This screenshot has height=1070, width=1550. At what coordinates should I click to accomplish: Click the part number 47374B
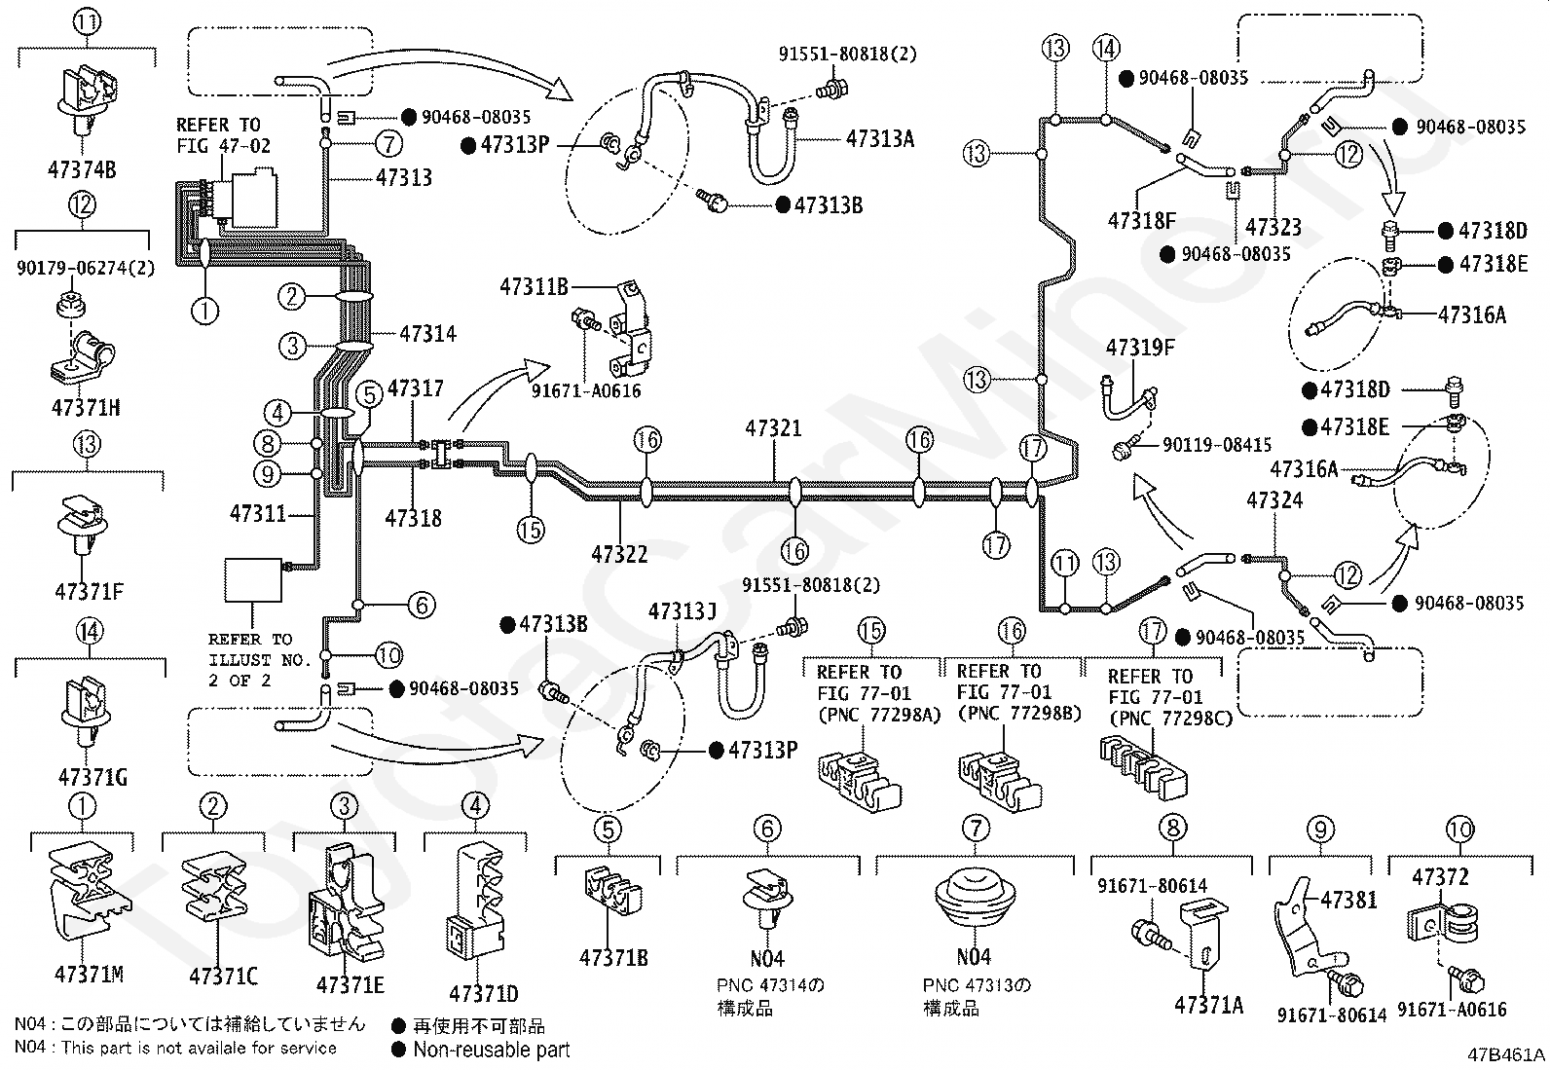point(82,169)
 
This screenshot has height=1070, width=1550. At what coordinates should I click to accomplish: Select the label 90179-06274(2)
point(86,267)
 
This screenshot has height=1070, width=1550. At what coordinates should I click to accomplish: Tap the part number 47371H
point(86,408)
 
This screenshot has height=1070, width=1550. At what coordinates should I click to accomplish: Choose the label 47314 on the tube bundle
point(427,334)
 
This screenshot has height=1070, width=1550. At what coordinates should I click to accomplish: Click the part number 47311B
point(535,286)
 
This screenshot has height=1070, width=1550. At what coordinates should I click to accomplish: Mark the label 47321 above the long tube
point(774,428)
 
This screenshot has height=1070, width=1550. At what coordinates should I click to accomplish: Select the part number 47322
point(619,554)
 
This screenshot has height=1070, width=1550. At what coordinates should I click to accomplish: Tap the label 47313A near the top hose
point(880,139)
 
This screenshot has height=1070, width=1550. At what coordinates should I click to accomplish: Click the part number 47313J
point(683,611)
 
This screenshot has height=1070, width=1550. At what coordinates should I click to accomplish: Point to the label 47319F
point(1140,348)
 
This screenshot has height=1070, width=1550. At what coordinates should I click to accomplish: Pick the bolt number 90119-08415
point(1217,444)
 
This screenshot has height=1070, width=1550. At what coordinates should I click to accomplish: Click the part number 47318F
point(1142,221)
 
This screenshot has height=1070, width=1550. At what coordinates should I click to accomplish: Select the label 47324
point(1274,499)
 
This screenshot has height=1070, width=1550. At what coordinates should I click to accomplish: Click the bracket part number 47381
point(1348,900)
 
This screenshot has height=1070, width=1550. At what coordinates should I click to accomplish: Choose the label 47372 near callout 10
point(1440,877)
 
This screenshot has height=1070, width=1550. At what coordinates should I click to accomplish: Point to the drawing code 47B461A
point(1506,1054)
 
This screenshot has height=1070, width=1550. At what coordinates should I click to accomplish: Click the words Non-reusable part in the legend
point(492,1050)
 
